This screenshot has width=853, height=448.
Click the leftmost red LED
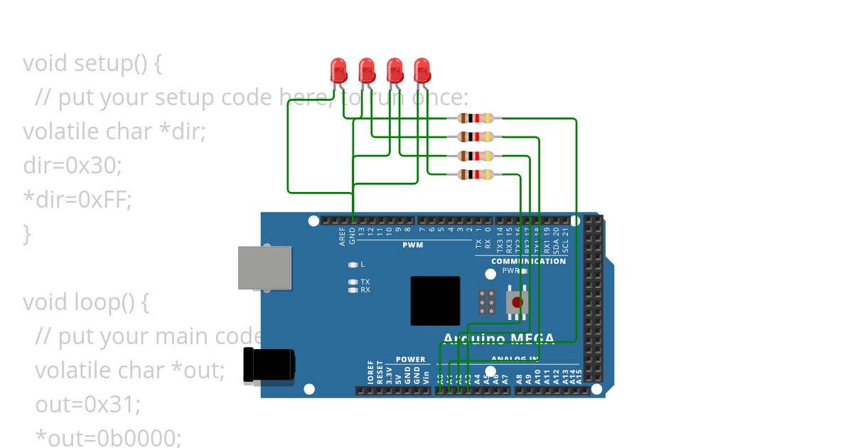coord(338,70)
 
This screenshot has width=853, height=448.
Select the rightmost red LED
coord(422,70)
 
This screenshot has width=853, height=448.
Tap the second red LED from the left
coord(367,70)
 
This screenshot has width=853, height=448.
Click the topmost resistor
coord(476,119)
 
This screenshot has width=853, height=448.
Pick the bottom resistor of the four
coord(476,174)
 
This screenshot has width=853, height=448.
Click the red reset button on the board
coord(517,302)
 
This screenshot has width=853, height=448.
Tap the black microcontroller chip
coord(435,301)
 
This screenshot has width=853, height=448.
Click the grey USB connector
coord(264,267)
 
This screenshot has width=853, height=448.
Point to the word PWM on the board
coord(412,245)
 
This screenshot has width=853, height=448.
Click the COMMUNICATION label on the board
coord(528,261)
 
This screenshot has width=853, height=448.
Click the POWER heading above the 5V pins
coord(410,360)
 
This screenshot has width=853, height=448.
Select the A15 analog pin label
coord(579,376)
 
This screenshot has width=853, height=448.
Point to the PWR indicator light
coord(524,271)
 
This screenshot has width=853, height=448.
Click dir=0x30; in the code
coord(73,166)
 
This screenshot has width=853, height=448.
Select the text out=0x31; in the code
coord(88,405)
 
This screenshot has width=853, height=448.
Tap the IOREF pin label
coord(370,375)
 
